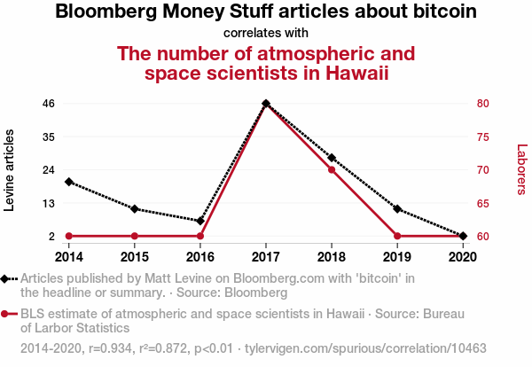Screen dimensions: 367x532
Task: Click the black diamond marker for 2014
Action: [69, 182]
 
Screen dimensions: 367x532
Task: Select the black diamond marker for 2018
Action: [332, 158]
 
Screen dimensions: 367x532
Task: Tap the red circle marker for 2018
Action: [332, 169]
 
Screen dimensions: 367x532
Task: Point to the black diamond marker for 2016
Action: [200, 221]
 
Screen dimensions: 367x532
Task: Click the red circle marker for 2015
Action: [135, 236]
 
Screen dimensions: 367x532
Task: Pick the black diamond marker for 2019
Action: [397, 209]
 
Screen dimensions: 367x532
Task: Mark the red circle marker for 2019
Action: [397, 236]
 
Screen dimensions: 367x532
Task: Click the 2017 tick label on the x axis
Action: [266, 257]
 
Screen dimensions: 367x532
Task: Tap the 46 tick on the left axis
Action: [49, 104]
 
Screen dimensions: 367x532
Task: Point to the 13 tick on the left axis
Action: [49, 203]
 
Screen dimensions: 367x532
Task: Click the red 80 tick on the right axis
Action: [482, 104]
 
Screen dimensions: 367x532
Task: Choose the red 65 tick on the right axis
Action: [482, 203]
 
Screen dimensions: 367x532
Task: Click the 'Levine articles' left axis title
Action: [11, 169]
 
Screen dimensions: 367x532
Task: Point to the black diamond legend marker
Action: [5, 278]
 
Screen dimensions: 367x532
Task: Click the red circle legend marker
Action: [5, 314]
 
